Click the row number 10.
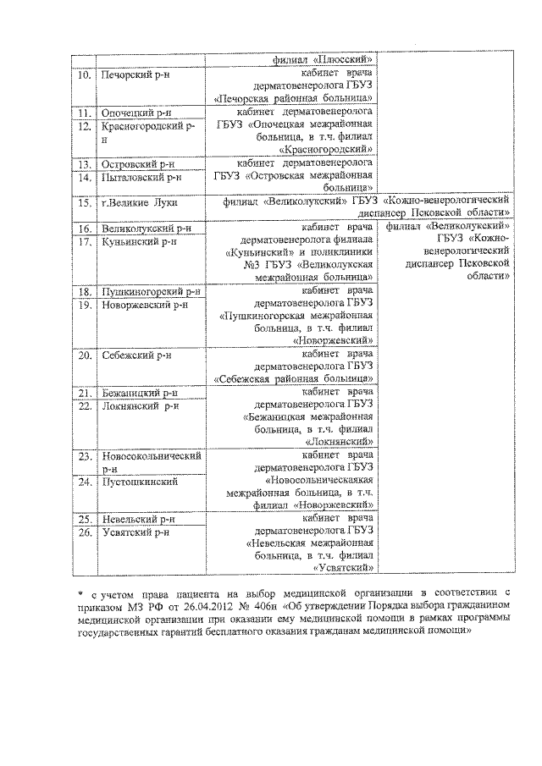tap(82, 75)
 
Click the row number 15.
tap(82, 203)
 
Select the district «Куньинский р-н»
tap(140, 242)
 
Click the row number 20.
tap(82, 355)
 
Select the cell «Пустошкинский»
tap(138, 482)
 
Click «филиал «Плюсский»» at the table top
tap(324, 60)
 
